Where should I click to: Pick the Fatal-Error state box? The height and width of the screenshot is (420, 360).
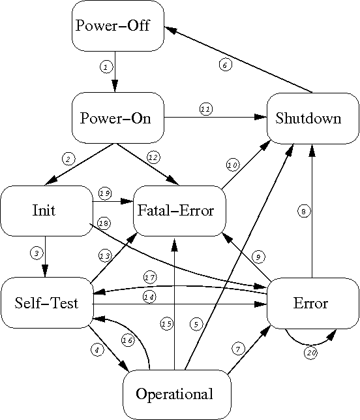pyautogui.click(x=177, y=210)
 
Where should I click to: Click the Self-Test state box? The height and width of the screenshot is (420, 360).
pyautogui.click(x=46, y=303)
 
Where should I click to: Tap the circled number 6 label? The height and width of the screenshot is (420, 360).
pyautogui.click(x=224, y=64)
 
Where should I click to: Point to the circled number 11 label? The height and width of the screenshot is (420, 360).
pyautogui.click(x=205, y=109)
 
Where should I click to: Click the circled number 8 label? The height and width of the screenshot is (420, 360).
pyautogui.click(x=303, y=211)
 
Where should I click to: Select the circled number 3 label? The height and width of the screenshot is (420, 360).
pyautogui.click(x=37, y=252)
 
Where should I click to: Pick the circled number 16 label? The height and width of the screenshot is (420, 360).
pyautogui.click(x=127, y=339)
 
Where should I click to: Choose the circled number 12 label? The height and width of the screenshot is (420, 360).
pyautogui.click(x=153, y=157)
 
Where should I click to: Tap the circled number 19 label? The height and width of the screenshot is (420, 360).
pyautogui.click(x=104, y=193)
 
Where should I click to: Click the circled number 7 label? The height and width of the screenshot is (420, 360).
pyautogui.click(x=237, y=349)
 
